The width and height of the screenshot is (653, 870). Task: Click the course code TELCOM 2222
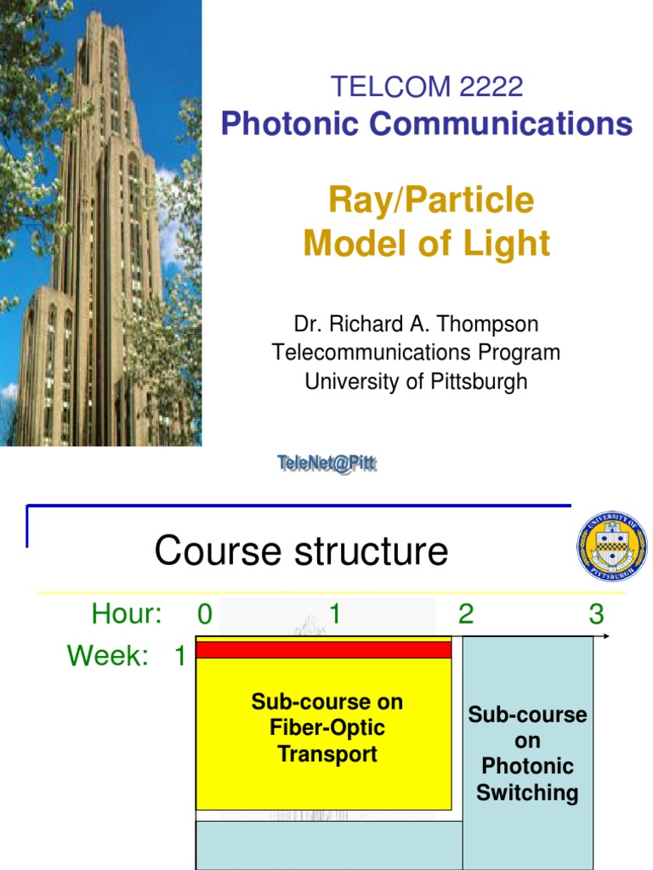click(x=427, y=87)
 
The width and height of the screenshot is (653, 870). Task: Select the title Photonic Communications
click(x=427, y=124)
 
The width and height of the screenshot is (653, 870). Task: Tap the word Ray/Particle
click(x=431, y=201)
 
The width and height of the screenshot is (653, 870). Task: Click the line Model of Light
click(x=427, y=244)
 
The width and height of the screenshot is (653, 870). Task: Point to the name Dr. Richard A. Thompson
click(x=417, y=325)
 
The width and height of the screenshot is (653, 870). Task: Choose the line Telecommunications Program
click(x=416, y=353)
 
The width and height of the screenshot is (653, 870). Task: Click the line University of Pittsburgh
click(x=416, y=381)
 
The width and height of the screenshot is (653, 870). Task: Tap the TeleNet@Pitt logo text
click(x=327, y=464)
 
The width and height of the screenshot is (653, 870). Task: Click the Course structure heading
click(x=301, y=551)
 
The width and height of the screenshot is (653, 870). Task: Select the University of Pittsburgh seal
click(x=612, y=546)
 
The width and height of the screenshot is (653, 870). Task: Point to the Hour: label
click(x=127, y=613)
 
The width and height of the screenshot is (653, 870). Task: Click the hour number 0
click(x=205, y=613)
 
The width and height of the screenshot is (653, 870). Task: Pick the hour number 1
click(x=335, y=613)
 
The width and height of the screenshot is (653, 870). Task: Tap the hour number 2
click(x=466, y=613)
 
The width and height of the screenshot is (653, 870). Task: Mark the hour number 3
click(x=596, y=613)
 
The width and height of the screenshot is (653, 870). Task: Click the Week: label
click(x=108, y=656)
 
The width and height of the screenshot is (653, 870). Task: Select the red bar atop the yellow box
click(x=324, y=650)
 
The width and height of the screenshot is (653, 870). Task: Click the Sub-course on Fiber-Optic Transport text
click(x=326, y=728)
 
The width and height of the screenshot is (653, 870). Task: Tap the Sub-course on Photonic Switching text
click(x=527, y=754)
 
